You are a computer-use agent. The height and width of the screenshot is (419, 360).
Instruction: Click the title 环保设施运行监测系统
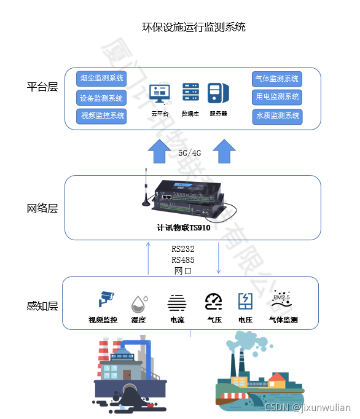coord(194,27)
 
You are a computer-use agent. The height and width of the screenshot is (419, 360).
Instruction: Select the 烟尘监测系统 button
coord(101,79)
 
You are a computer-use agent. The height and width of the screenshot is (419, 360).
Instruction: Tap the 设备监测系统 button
coord(101,98)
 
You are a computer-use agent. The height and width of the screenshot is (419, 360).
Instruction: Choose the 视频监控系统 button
coord(101,116)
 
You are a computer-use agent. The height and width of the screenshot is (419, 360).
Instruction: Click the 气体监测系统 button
coord(277,79)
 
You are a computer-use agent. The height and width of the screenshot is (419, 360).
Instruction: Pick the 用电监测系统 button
coord(277,97)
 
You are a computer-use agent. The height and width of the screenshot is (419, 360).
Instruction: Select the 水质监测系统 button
coord(277,116)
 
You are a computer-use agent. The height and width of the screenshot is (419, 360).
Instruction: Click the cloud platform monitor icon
coord(160,94)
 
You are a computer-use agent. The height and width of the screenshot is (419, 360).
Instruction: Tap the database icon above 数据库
coord(190,93)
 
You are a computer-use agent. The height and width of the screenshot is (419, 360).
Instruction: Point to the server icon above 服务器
coord(218,93)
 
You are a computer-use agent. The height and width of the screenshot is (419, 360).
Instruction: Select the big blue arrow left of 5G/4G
coord(160,151)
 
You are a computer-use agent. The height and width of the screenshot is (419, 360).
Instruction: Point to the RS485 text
coord(183,260)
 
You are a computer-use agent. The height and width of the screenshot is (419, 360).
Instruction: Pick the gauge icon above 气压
coord(213,300)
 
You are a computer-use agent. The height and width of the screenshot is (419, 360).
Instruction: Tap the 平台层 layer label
coord(42,87)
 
